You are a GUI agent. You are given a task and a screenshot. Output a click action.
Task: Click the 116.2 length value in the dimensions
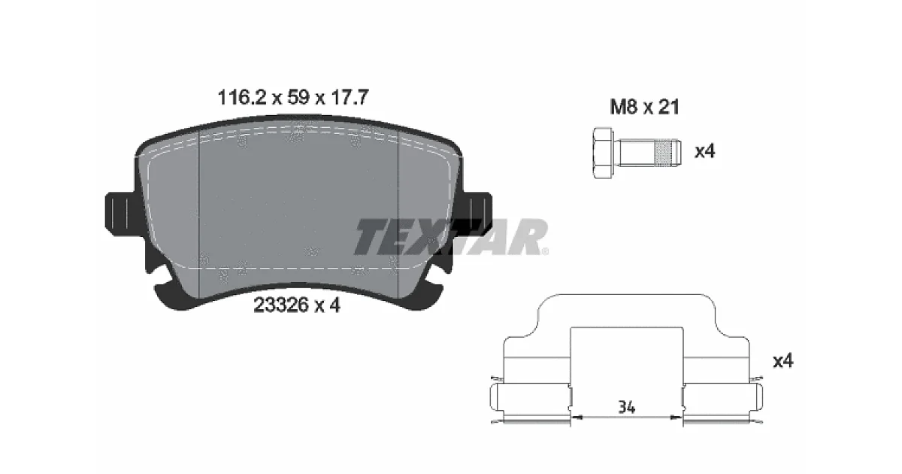(x=241, y=98)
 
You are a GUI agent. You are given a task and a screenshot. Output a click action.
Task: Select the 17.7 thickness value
(x=349, y=98)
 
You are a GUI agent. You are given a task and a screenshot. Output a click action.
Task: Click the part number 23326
(x=280, y=305)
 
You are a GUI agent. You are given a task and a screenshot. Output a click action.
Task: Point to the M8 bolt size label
(x=624, y=107)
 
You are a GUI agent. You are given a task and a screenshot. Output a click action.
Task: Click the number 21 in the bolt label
(x=668, y=107)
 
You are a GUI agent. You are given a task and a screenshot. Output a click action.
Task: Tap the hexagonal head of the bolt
(x=603, y=153)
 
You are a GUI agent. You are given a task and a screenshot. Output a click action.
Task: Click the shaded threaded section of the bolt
(x=664, y=153)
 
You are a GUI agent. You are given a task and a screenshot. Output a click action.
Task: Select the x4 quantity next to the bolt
(x=705, y=151)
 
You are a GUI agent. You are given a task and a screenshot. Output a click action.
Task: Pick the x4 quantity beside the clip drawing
(x=782, y=360)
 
